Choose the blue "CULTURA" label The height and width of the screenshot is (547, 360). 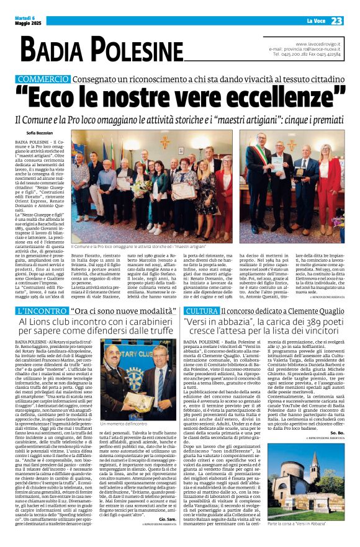pos(202,310)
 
